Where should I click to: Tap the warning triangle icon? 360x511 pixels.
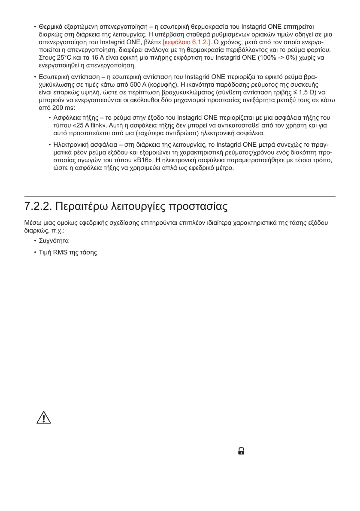(x=43, y=418)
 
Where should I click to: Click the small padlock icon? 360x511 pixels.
(x=241, y=451)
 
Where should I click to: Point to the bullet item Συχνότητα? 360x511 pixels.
(x=54, y=241)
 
